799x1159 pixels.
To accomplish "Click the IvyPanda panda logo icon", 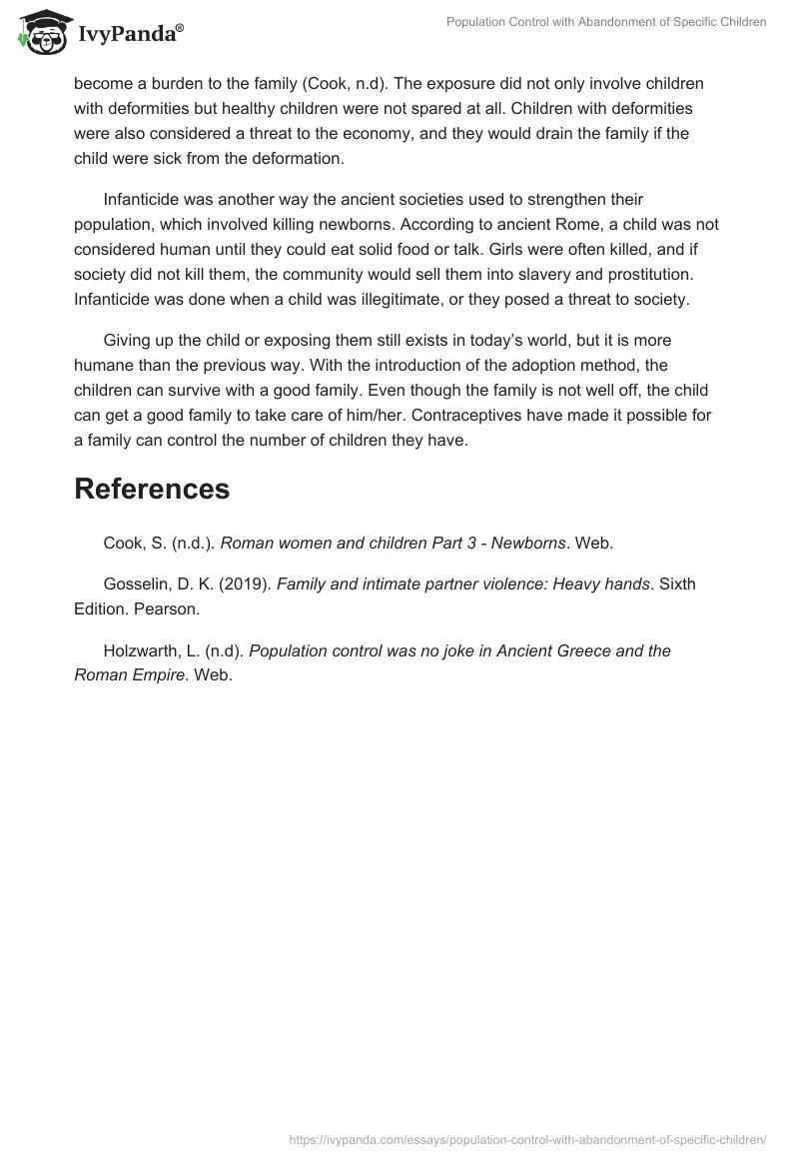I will point(39,34).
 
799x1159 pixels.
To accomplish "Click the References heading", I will point(152,489).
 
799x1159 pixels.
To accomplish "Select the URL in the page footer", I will point(527,1138).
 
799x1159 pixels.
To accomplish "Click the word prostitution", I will point(658,273).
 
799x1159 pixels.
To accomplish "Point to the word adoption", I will point(437,369).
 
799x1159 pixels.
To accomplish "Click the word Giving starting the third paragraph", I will point(129,345).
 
